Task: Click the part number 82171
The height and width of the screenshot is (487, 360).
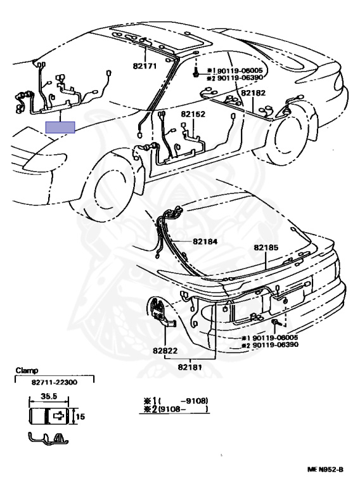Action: click(145, 66)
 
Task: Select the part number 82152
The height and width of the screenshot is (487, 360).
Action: click(193, 114)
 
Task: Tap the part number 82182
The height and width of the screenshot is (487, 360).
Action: click(254, 93)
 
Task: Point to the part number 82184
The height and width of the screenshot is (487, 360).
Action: click(205, 242)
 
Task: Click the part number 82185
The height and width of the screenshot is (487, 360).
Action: click(266, 247)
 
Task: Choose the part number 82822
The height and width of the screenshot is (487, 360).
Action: click(165, 351)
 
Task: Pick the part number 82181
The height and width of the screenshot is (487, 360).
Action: click(190, 367)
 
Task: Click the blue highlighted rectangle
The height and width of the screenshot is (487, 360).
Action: click(60, 127)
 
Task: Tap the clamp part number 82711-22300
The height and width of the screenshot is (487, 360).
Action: click(55, 382)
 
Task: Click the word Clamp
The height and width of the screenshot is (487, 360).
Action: click(27, 370)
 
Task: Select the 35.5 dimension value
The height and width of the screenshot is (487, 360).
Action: click(49, 396)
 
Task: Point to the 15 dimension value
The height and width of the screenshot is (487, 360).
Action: click(80, 417)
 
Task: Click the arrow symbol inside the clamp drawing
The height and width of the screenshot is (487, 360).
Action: click(59, 415)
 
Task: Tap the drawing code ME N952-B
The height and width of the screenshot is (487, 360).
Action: click(325, 469)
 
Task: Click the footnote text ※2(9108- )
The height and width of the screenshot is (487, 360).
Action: click(176, 410)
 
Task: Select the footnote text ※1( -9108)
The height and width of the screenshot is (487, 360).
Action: click(176, 401)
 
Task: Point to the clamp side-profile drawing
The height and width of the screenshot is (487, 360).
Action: click(48, 439)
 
